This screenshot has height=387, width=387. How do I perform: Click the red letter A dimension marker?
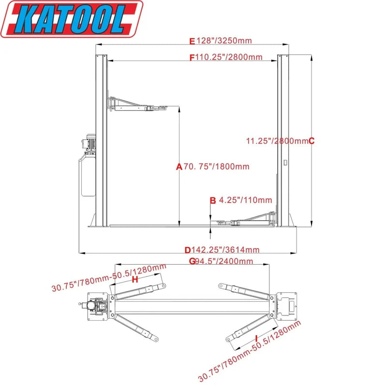[x=179, y=167]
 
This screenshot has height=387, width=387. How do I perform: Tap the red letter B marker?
[x=212, y=200]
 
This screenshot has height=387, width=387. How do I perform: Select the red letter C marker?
[x=312, y=141]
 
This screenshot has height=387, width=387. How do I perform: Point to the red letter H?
[x=135, y=280]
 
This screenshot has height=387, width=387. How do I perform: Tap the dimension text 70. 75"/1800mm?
[x=216, y=167]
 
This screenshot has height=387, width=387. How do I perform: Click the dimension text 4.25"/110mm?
[x=245, y=200]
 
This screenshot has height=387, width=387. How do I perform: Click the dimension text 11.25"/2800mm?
[x=277, y=141]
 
